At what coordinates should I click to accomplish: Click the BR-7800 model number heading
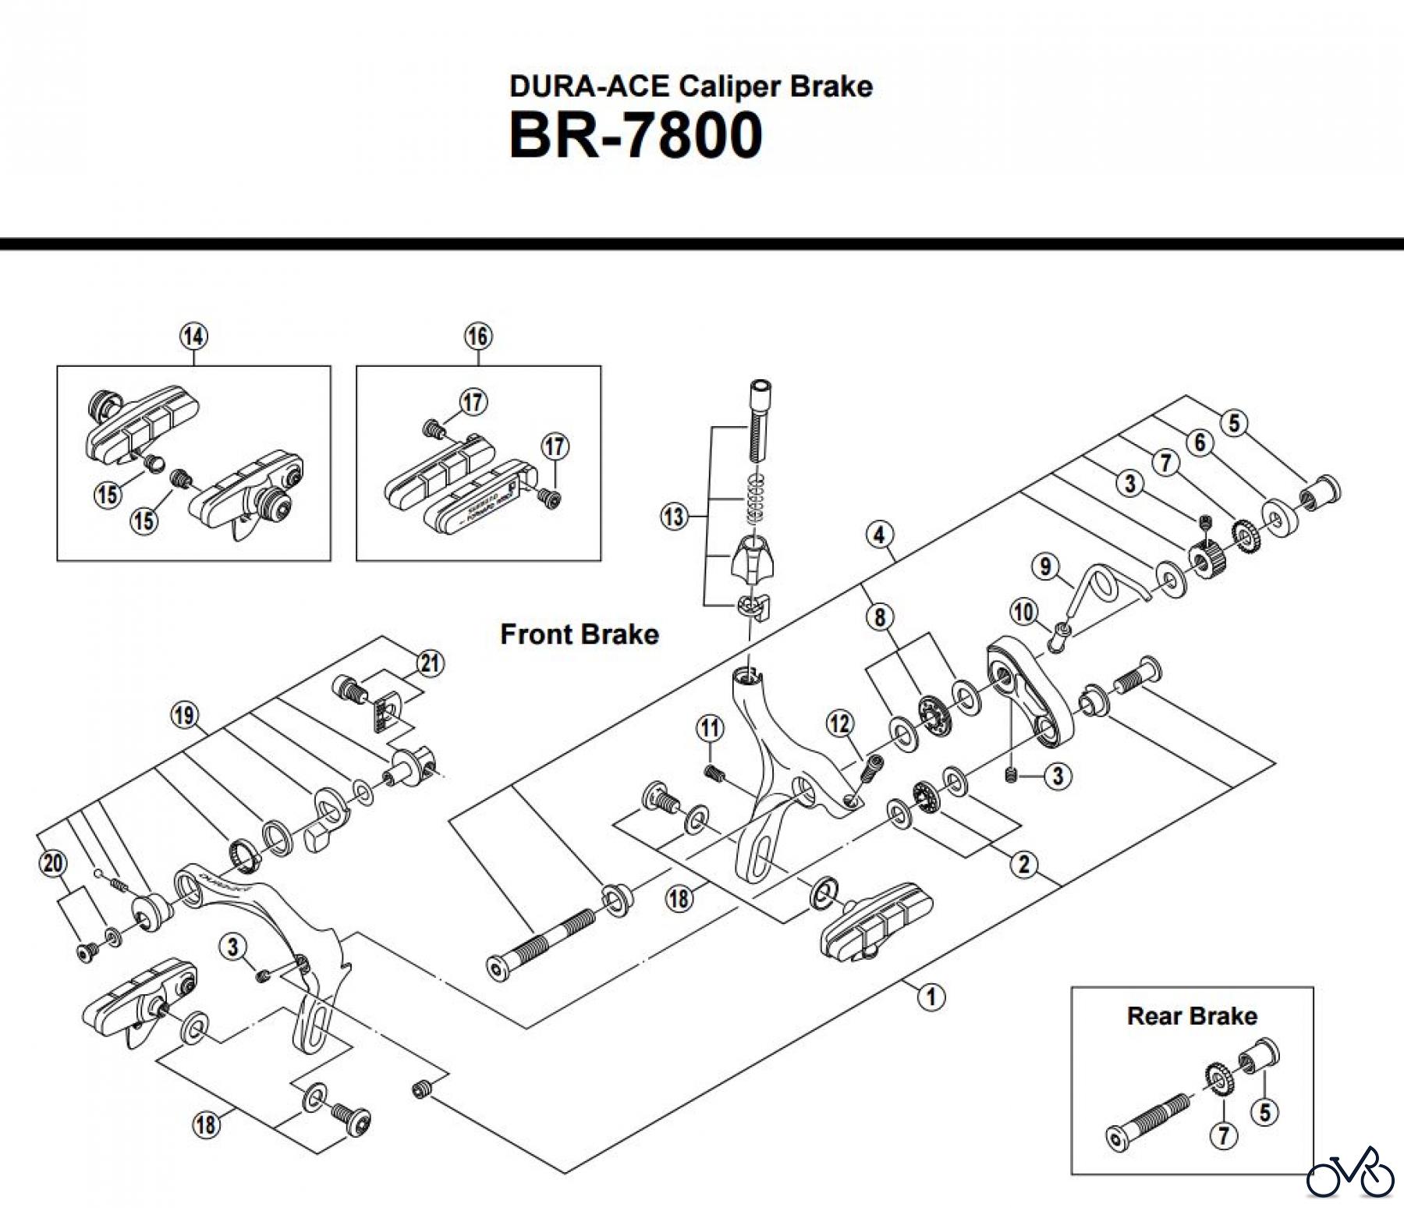636,136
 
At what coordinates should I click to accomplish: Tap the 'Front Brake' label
579,634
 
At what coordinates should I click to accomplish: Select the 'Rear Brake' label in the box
1192,1015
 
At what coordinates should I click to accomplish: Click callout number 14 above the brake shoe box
193,337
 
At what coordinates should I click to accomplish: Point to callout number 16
478,337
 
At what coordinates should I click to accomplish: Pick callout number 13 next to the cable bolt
673,516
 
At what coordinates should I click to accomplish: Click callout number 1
931,997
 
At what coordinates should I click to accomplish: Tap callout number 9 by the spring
1046,566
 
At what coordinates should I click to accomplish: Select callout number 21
430,664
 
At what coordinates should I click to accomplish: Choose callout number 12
839,724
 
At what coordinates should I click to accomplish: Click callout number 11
710,729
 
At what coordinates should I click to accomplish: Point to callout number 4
880,535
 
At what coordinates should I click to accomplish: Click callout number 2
1023,864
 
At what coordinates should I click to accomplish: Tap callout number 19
185,715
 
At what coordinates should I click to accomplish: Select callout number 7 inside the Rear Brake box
1223,1135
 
